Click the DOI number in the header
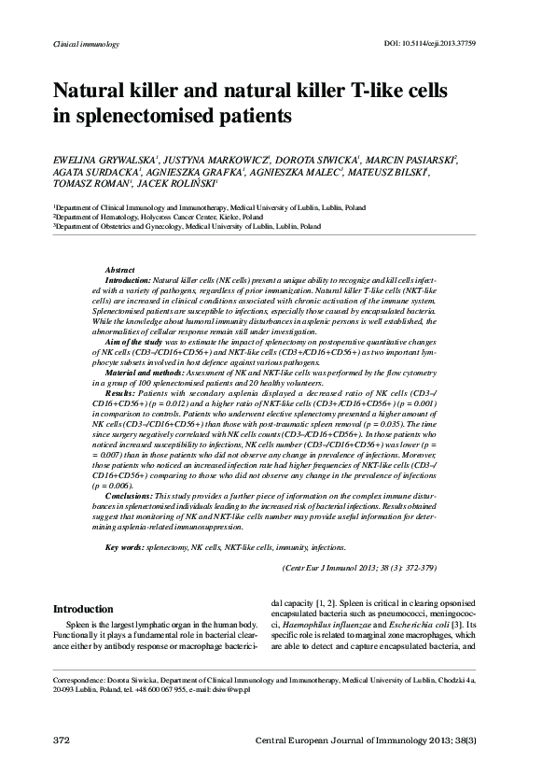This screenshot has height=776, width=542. (452, 44)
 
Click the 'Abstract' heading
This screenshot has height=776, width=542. (120, 269)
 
